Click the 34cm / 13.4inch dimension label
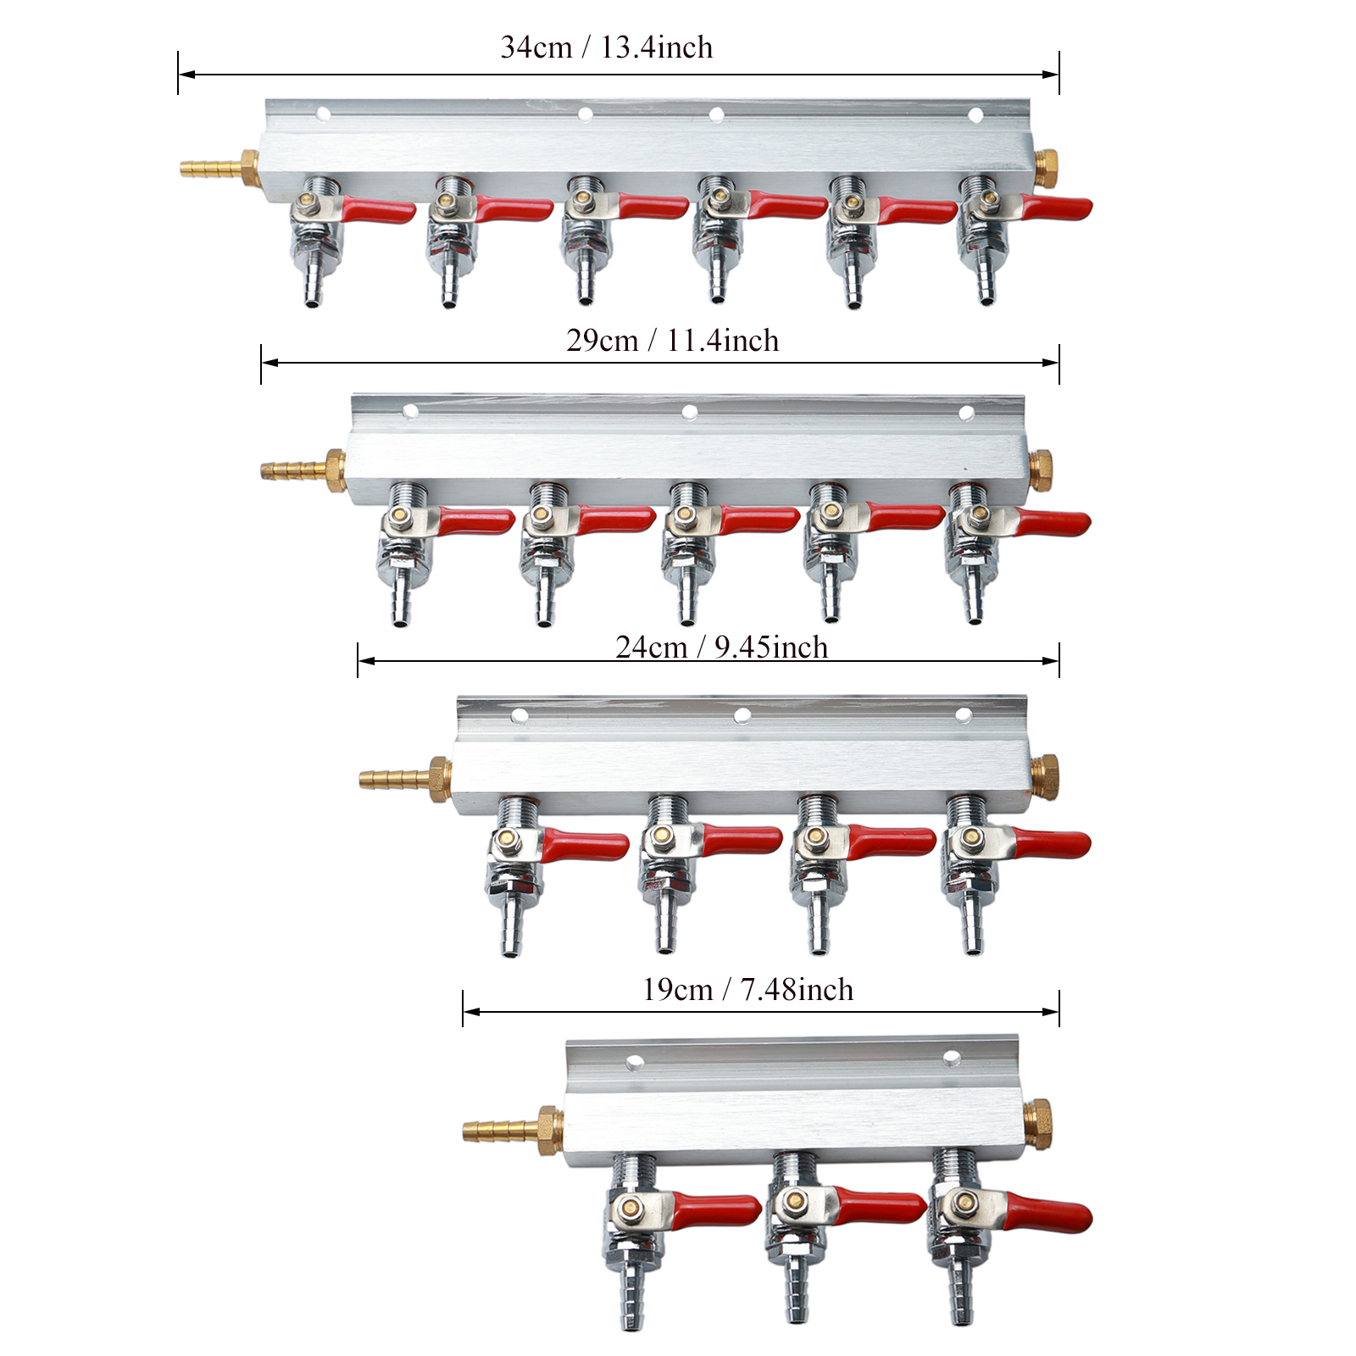[607, 47]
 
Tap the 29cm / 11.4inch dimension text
[672, 341]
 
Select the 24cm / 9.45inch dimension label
[721, 647]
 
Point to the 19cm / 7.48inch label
[747, 990]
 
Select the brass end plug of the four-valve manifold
[1045, 775]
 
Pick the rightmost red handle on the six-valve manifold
[1056, 208]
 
